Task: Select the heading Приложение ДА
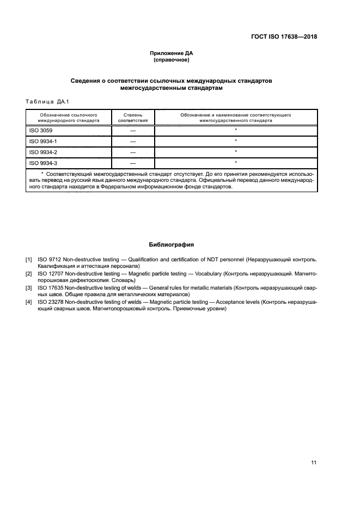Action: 172,53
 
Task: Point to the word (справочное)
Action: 172,60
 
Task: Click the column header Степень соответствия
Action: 132,118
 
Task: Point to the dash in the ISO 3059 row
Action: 132,131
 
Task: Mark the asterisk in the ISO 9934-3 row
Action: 236,162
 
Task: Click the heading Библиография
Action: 171,245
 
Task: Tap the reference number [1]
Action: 28,259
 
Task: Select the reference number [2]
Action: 28,273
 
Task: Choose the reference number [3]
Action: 28,287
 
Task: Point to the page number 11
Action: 314,463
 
